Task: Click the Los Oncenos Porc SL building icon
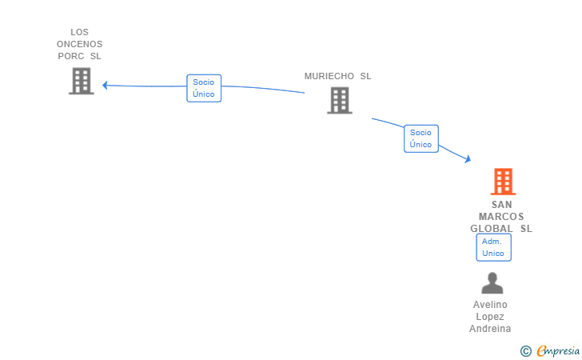82,81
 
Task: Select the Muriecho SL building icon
339,100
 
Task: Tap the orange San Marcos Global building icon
502,182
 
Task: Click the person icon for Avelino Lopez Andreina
492,283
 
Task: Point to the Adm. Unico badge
493,247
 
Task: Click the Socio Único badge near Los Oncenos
204,88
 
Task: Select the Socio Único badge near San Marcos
421,138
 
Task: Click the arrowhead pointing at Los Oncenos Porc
106,85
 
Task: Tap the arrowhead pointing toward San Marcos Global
468,159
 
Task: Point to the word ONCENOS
79,44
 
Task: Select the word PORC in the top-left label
71,56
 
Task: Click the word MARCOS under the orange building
501,217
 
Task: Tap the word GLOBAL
492,229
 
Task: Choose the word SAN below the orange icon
502,205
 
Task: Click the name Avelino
490,305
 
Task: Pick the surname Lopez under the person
490,317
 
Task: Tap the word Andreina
490,329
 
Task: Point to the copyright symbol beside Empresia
526,350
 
